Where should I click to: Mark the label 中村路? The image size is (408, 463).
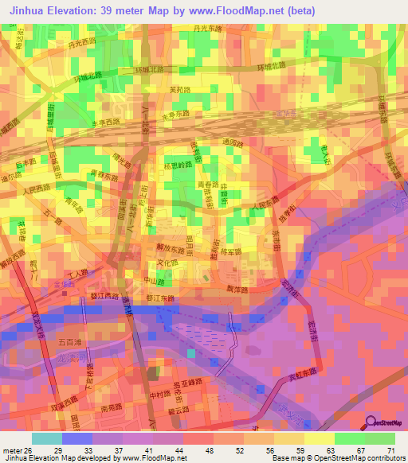point(155,391)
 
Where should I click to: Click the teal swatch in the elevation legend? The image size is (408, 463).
point(46,438)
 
